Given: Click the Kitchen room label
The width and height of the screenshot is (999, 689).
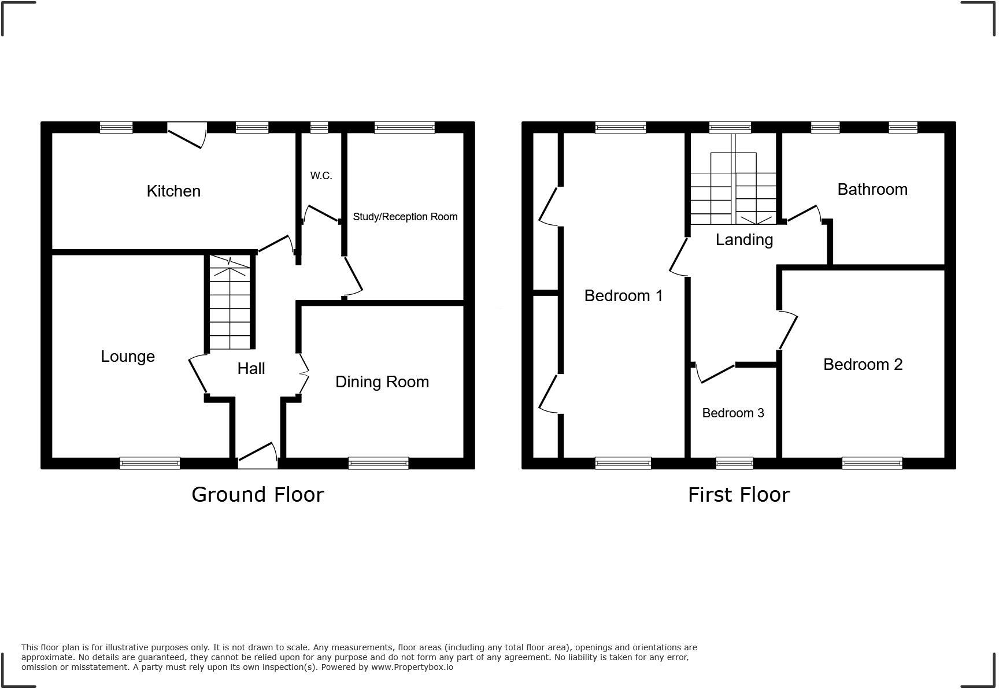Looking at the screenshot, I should (x=173, y=191).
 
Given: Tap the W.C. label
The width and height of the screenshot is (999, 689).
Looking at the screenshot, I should (x=321, y=176).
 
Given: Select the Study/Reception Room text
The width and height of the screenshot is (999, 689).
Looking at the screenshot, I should (x=405, y=217).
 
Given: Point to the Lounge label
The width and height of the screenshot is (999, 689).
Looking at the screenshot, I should (x=128, y=356).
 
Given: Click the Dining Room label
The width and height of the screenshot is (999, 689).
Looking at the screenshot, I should (x=382, y=381).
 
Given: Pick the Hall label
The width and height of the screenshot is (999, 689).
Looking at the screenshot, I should (x=251, y=369).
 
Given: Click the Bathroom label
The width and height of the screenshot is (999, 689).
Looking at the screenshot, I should (x=872, y=190).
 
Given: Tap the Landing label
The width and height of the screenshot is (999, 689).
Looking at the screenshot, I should (x=744, y=239).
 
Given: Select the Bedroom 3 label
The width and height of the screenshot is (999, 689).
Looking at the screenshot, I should (x=732, y=413).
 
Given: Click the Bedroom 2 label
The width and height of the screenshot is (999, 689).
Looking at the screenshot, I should (x=863, y=364).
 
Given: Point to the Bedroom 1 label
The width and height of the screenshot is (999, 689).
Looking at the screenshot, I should (x=623, y=296).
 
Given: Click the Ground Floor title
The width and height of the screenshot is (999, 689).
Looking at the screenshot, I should (x=258, y=495).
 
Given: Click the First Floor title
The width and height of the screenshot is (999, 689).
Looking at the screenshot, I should (x=738, y=495).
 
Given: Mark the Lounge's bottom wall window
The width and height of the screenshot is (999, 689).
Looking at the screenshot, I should (x=150, y=463).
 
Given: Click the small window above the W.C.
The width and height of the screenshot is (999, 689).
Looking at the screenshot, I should (x=319, y=127).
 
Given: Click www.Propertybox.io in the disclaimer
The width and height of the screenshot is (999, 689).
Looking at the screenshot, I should (x=412, y=667).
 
